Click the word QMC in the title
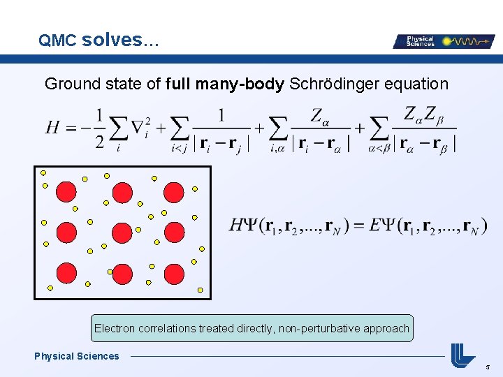tap(57, 41)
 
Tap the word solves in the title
tap(112, 40)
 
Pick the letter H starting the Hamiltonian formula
tap(52, 127)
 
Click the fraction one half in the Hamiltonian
tap(100, 127)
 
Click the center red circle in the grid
tap(122, 232)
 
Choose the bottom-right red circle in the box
tap(174, 274)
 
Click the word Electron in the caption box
tap(115, 328)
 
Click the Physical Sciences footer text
tap(77, 356)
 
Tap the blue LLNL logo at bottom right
tap(462, 355)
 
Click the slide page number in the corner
tap(488, 366)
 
